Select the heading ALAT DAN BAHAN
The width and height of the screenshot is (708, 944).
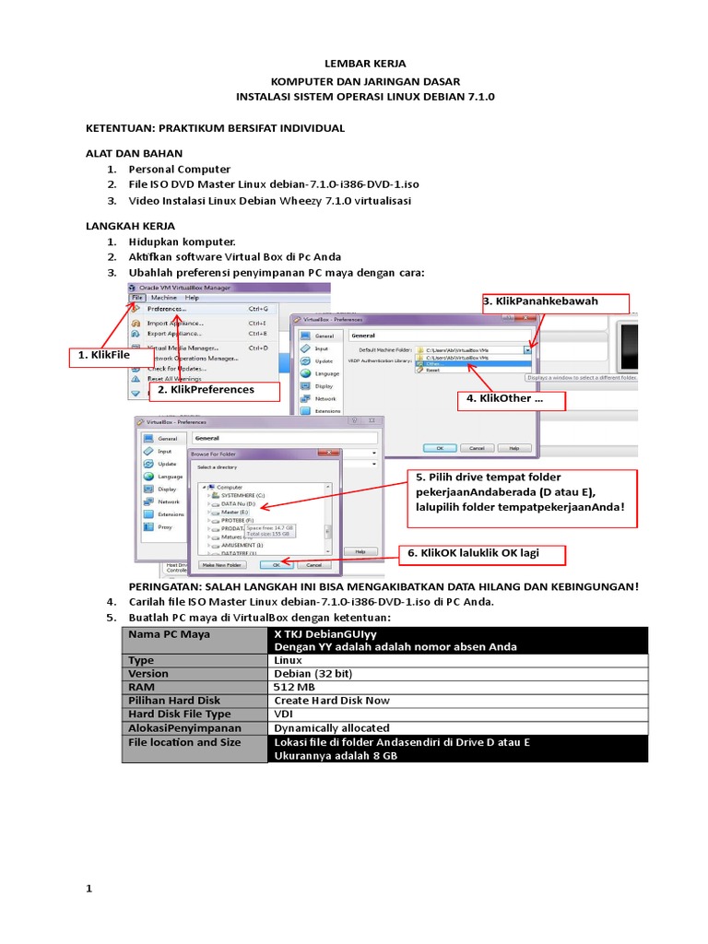tap(134, 153)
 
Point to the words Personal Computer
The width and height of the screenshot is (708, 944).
tap(179, 170)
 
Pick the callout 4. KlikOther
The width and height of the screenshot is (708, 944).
tap(511, 400)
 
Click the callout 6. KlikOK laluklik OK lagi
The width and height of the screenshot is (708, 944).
tap(481, 553)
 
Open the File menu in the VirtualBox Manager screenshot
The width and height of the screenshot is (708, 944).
tap(136, 298)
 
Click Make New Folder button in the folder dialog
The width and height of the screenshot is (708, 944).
tap(221, 564)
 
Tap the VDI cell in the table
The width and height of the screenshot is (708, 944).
tap(282, 714)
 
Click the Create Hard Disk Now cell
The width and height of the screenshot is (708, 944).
tap(332, 701)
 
